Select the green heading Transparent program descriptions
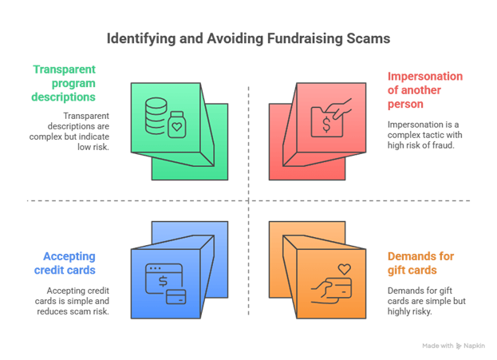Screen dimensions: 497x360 [x=63, y=83]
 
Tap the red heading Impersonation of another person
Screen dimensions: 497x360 [x=425, y=90]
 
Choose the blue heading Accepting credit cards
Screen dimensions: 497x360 [x=65, y=263]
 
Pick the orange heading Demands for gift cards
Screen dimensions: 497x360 [x=420, y=263]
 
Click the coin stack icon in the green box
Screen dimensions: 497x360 [x=156, y=116]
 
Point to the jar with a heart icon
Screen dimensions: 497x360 [x=177, y=125]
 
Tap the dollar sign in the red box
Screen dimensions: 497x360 [x=326, y=124]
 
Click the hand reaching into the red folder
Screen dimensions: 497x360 [x=338, y=109]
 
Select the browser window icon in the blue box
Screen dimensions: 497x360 [x=164, y=279]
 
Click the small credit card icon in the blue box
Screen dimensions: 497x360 [x=176, y=297]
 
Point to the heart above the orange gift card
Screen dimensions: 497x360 [x=344, y=269]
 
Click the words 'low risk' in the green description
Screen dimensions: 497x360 [x=93, y=147]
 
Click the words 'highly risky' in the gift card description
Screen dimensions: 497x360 [x=409, y=311]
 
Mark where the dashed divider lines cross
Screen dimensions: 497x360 [x=249, y=201]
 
